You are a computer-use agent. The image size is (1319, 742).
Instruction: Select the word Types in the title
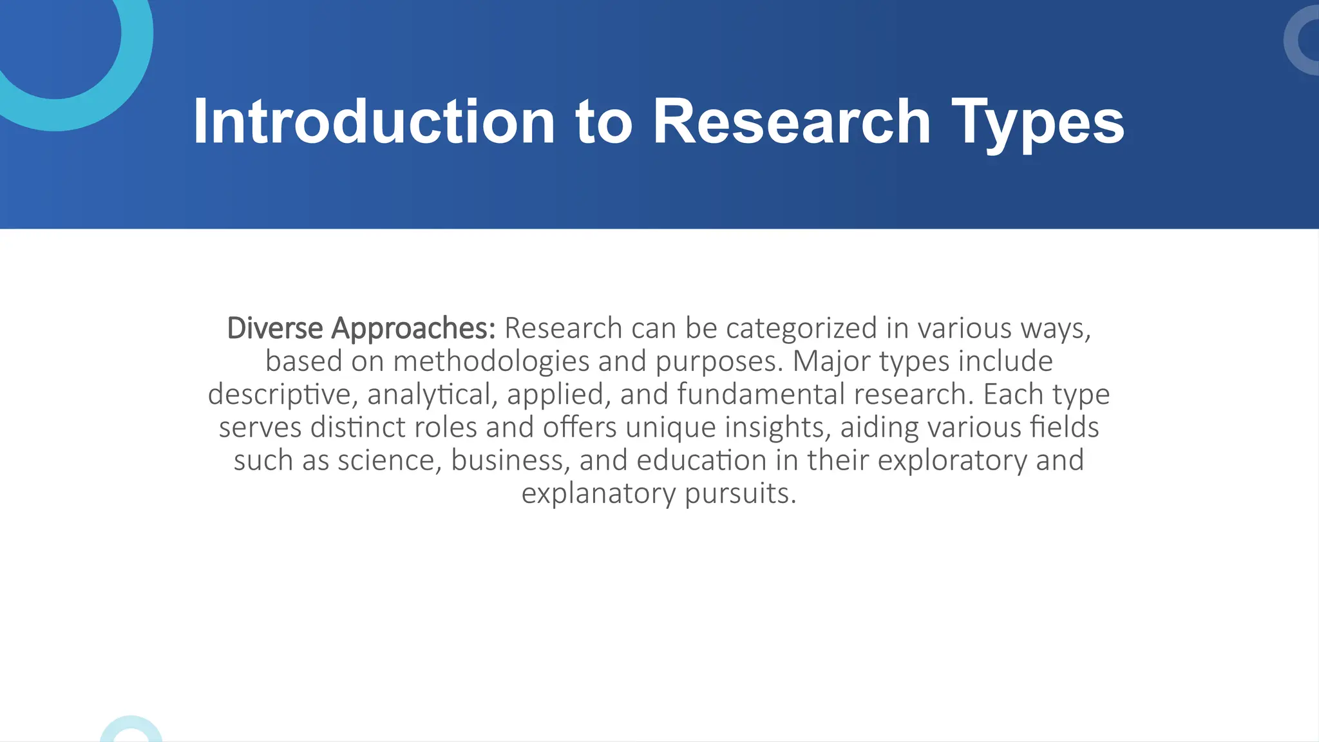[x=1038, y=122]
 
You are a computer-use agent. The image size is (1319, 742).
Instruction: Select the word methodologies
[x=491, y=361]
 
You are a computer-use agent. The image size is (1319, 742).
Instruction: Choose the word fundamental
[x=761, y=394]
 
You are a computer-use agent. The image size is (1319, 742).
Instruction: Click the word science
[x=390, y=461]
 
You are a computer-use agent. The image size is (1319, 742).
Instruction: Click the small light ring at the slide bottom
[x=131, y=731]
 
